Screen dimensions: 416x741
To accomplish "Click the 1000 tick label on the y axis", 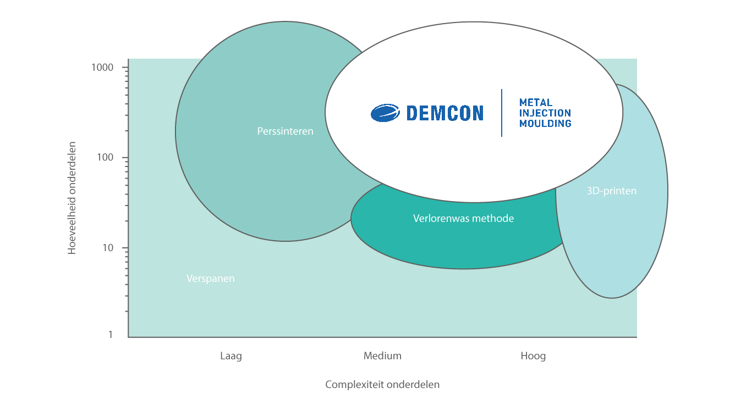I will (102, 67).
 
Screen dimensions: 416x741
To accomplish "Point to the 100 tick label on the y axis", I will (105, 157).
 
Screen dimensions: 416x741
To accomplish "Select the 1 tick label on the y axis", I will (110, 334).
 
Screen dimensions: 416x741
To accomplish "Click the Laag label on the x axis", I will (230, 356).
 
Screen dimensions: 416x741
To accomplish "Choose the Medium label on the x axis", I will (382, 356).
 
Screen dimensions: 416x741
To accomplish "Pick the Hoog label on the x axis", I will (533, 356).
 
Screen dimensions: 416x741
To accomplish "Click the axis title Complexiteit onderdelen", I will (382, 384).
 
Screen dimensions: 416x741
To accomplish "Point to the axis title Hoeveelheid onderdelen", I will (72, 198).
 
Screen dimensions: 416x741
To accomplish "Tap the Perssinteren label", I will (285, 131).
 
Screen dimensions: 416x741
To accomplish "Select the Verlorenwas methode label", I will (463, 218).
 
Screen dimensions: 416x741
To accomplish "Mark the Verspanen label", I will (210, 279).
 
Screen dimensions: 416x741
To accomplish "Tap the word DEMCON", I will (444, 113).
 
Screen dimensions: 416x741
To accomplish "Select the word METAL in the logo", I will (536, 102).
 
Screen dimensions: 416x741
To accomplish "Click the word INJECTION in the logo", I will (545, 113).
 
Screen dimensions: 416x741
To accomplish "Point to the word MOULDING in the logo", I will (545, 123).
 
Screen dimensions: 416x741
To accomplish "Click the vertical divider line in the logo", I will (502, 113).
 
